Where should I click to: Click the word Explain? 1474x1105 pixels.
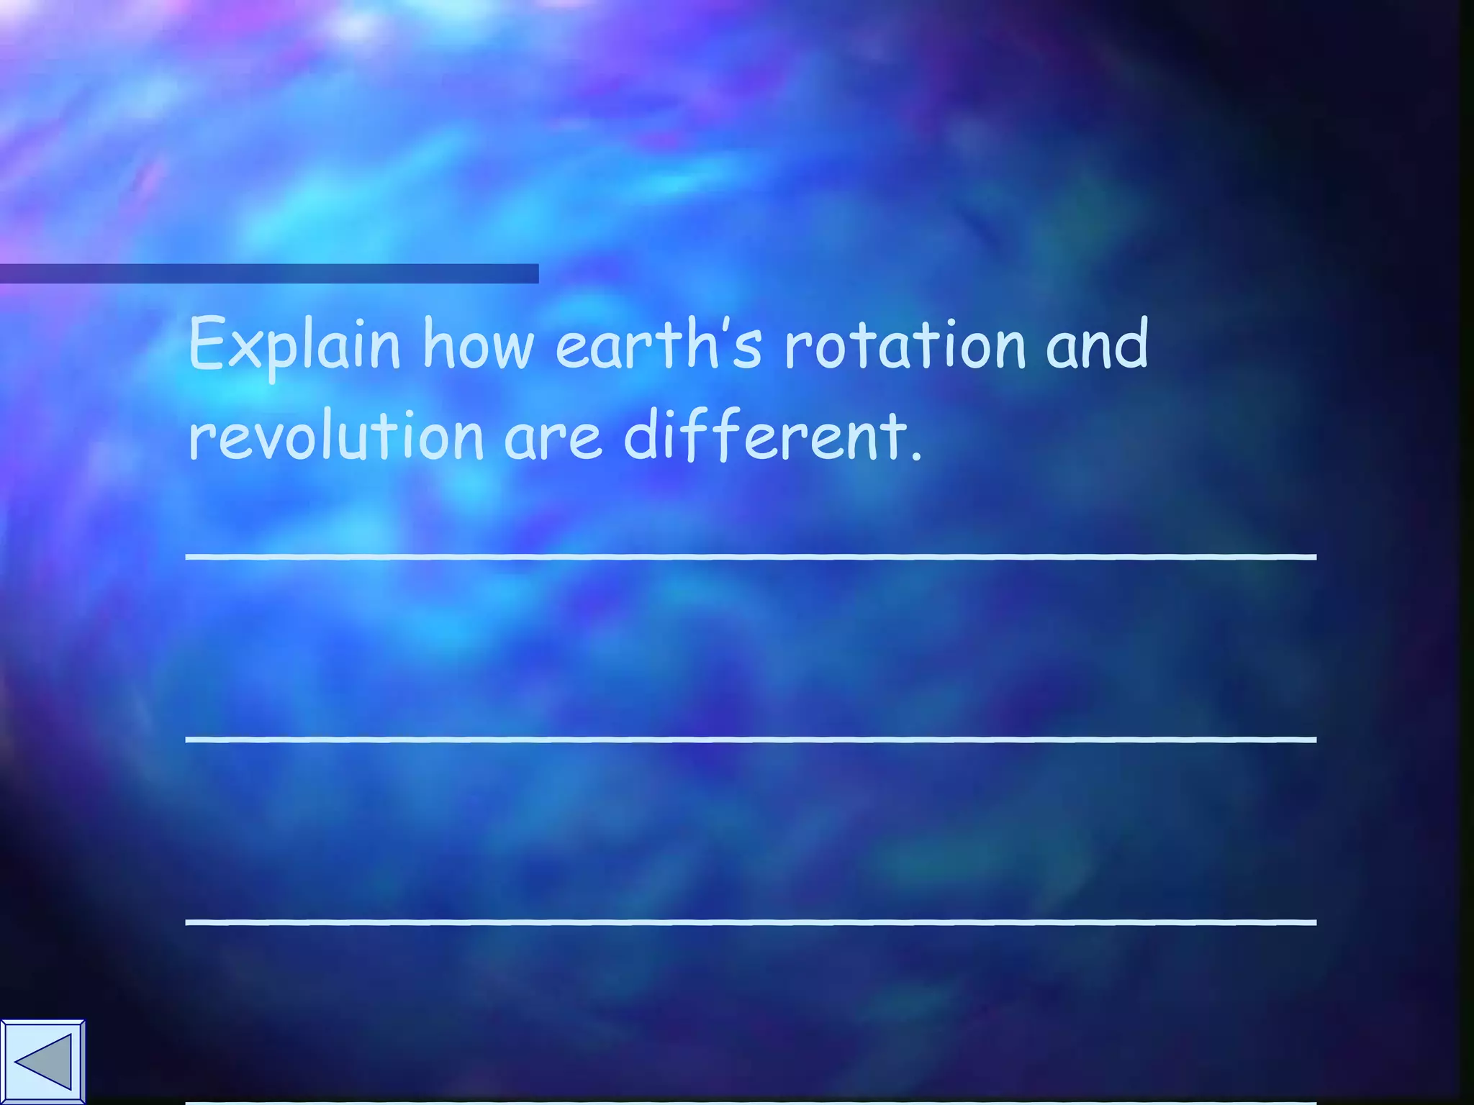pos(294,345)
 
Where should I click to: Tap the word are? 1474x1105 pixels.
pos(553,437)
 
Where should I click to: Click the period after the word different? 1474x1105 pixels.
pos(915,456)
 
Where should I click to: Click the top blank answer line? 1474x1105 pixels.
pos(751,557)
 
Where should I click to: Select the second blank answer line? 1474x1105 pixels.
pos(751,740)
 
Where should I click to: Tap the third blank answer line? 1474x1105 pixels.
pos(751,922)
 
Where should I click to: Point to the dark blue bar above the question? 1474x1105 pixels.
pos(269,273)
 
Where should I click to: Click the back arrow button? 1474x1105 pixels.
pos(42,1062)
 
